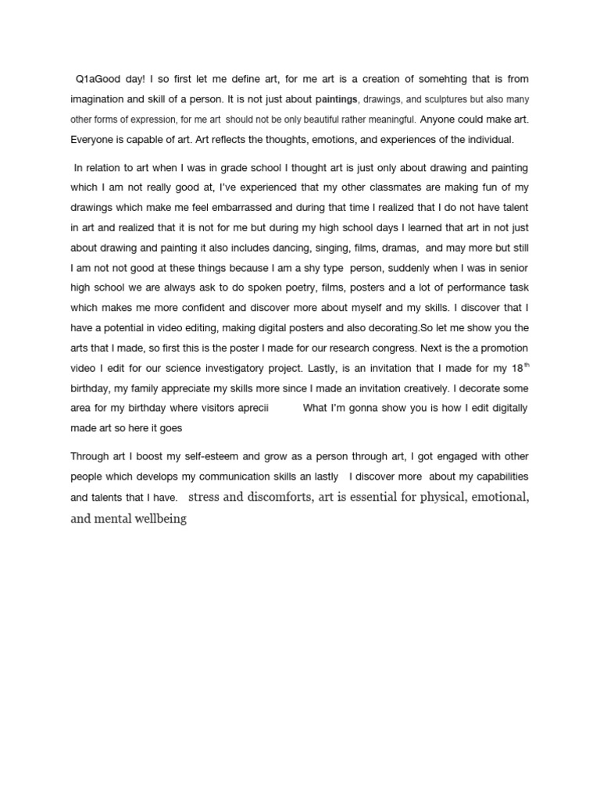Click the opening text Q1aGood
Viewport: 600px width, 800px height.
98,80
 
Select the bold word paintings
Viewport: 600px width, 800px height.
337,100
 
